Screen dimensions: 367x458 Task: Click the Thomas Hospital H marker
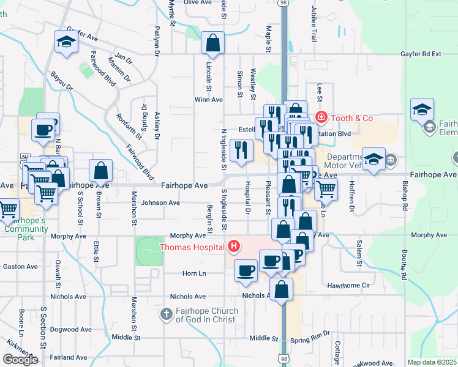(233, 247)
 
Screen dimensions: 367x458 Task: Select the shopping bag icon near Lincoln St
(212, 43)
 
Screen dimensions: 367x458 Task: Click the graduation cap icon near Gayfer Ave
(66, 42)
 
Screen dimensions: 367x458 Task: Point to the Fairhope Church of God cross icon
(166, 314)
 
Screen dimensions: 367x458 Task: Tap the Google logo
(20, 360)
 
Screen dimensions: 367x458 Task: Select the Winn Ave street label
(209, 99)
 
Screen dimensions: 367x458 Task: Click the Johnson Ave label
(160, 202)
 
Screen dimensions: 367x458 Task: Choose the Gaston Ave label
(21, 267)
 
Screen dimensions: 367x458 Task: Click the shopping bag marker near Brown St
(101, 171)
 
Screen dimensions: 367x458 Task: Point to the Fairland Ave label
(69, 357)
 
